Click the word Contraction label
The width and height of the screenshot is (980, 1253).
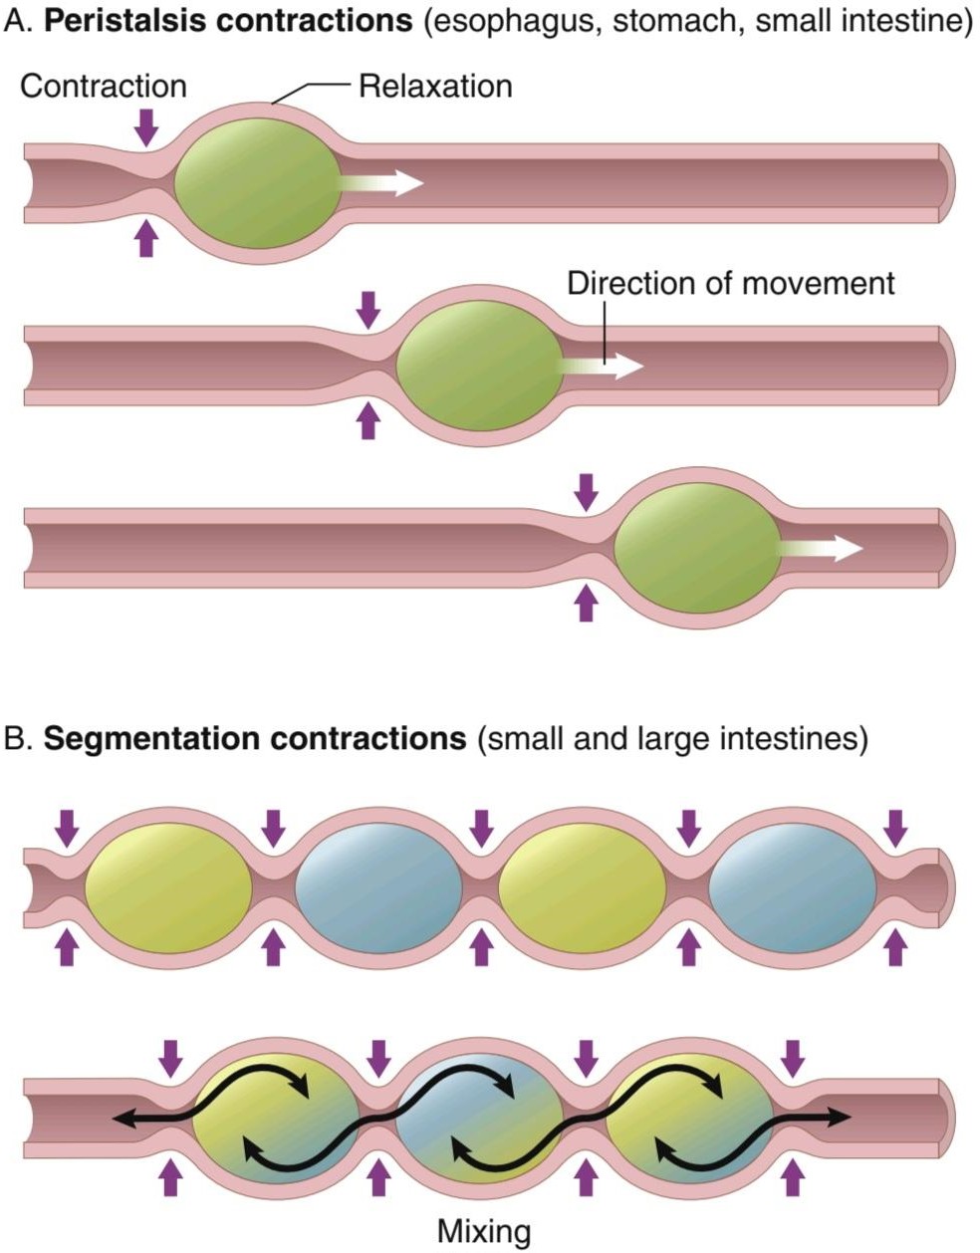point(104,87)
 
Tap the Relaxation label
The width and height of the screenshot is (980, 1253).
point(435,87)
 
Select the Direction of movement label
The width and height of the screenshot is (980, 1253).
point(731,284)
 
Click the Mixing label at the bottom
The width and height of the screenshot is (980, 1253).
point(484,1231)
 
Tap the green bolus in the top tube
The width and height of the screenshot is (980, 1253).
point(257,183)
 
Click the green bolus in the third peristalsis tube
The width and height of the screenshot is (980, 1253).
point(697,548)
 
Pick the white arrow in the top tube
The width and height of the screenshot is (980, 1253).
point(381,183)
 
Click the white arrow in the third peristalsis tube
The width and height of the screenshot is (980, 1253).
point(821,548)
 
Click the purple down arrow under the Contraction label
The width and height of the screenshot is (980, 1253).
point(146,127)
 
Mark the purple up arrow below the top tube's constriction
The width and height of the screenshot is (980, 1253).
point(146,238)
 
